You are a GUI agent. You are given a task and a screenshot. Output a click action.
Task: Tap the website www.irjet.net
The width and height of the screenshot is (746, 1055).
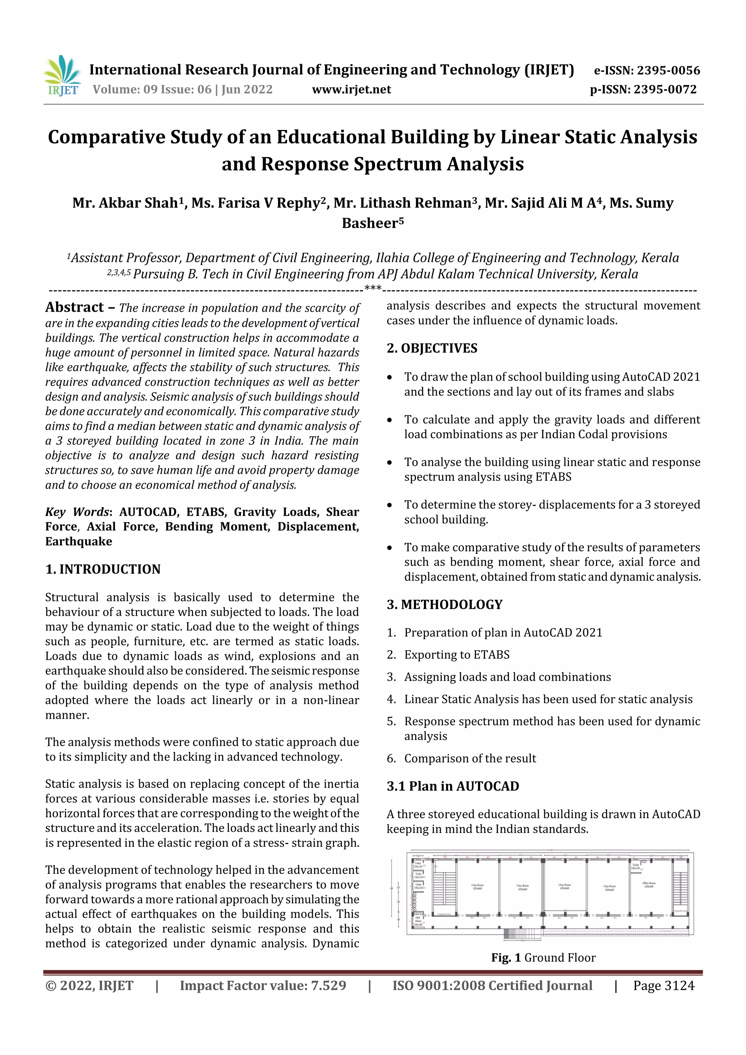pos(351,90)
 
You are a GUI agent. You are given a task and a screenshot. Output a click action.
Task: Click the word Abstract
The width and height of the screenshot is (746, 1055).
pos(74,307)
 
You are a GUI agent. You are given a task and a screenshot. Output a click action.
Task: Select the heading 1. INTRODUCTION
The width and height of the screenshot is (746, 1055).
pos(103,569)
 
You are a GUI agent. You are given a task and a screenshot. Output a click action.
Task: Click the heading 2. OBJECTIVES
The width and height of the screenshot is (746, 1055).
pos(432,348)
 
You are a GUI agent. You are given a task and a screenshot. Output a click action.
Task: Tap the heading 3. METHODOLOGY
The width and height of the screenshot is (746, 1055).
pos(444,604)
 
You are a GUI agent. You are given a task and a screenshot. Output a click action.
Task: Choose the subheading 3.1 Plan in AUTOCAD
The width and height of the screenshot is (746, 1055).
pos(452,786)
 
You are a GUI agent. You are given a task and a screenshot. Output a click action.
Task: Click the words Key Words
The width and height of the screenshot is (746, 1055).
pos(77,512)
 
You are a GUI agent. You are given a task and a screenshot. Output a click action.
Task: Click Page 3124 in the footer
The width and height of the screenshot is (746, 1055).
pos(663,985)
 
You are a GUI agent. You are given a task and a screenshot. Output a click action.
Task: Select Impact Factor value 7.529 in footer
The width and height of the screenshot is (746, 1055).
pos(263,985)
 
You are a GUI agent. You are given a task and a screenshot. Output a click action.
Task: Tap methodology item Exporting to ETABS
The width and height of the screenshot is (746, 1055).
pos(456,654)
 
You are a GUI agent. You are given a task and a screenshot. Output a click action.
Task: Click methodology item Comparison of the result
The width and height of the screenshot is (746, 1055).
pos(470,758)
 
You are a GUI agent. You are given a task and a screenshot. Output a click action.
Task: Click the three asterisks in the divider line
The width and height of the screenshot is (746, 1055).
pos(372,288)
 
